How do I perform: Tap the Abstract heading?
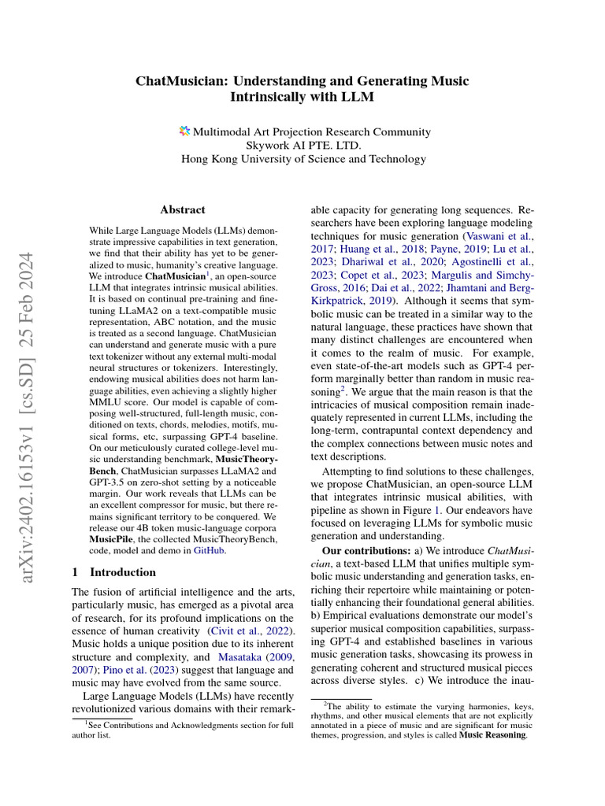(x=183, y=209)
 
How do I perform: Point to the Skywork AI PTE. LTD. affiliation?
(x=303, y=144)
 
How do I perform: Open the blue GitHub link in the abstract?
(x=210, y=552)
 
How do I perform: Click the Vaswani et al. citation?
(x=499, y=235)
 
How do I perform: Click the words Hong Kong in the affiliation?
(x=207, y=159)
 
